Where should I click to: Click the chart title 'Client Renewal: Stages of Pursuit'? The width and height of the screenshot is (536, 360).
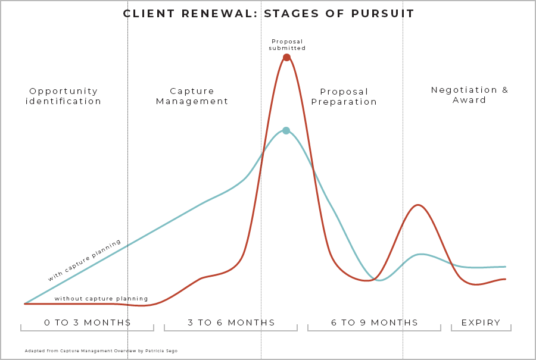click(269, 14)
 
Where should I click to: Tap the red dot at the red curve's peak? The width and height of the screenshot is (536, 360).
click(286, 57)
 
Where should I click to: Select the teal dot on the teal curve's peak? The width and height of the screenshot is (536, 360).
click(286, 130)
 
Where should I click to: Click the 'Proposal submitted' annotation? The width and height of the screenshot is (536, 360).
click(287, 45)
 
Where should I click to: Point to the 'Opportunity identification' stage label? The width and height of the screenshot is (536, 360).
click(64, 96)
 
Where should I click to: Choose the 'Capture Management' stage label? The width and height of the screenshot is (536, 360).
click(192, 96)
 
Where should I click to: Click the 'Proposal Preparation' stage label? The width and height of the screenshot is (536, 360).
click(344, 96)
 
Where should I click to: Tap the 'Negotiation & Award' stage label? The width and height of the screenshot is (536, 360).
click(469, 95)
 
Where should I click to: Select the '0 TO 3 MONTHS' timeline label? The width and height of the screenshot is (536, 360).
click(88, 323)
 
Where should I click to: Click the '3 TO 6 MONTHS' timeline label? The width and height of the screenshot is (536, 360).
click(231, 323)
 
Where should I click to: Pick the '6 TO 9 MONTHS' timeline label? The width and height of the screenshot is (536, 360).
click(375, 323)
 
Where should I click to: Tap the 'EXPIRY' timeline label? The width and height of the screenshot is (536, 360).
click(481, 323)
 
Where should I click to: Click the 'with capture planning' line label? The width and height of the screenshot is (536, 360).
click(85, 260)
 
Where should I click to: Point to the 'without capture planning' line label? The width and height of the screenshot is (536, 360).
click(101, 298)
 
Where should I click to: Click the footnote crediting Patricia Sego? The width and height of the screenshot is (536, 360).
click(101, 351)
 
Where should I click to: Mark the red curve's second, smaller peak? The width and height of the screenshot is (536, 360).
click(419, 205)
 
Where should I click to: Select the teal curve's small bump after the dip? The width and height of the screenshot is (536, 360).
click(421, 254)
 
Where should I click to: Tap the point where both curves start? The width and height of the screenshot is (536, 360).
click(24, 303)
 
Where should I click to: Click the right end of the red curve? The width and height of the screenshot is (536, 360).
click(505, 278)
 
